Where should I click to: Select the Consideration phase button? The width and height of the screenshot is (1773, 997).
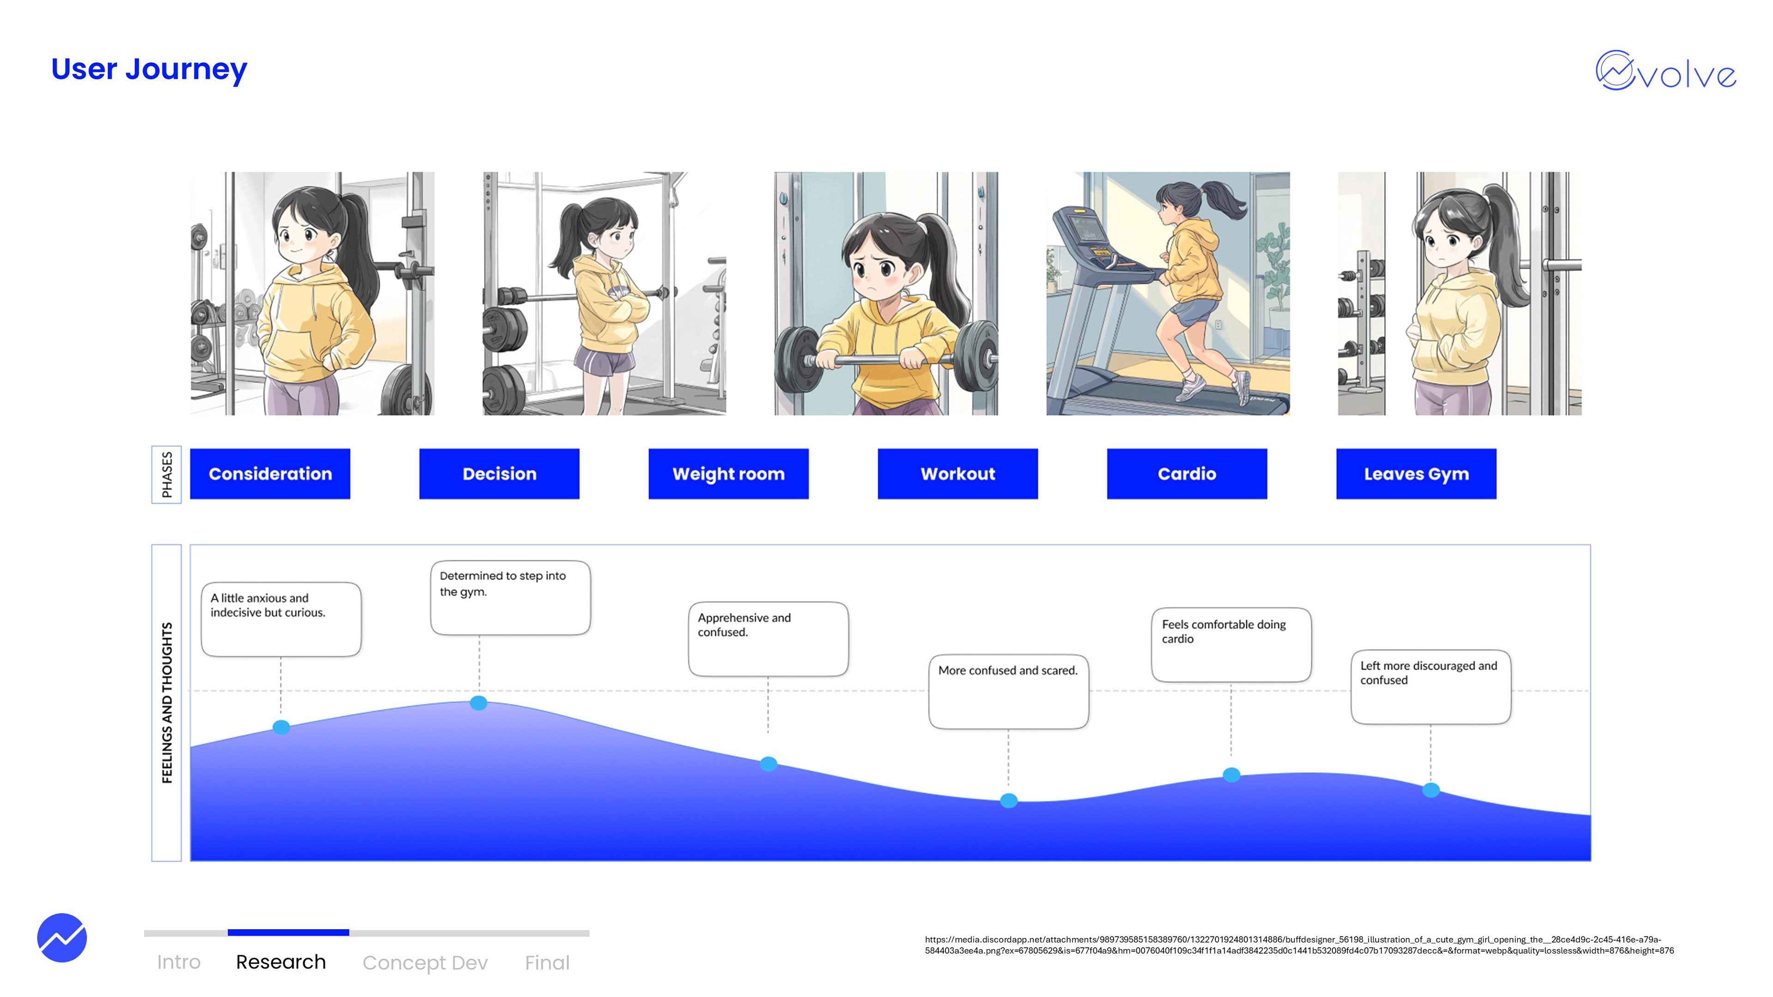pos(270,474)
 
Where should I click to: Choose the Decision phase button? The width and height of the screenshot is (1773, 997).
pos(499,474)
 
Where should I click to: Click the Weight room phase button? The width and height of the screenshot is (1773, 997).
pos(728,474)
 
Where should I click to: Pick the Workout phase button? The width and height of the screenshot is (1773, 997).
pos(958,474)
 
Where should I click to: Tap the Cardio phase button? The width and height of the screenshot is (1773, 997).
pos(1187,474)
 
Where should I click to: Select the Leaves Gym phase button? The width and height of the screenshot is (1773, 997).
pos(1416,474)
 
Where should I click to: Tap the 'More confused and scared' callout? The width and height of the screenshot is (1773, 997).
pos(1008,691)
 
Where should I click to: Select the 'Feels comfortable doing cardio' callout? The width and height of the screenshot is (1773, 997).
pos(1230,644)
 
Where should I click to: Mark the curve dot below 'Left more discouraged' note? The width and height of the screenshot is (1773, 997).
pos(1431,790)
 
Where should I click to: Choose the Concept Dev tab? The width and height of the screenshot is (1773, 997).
pos(425,962)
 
